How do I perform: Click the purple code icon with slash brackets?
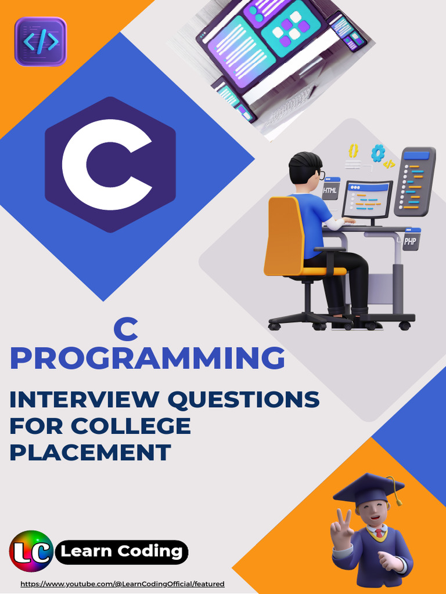coord(41,41)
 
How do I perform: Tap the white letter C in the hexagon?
coord(107,165)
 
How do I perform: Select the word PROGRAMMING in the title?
coord(148,358)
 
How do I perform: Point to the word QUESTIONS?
coord(244,400)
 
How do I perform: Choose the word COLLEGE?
coord(131,426)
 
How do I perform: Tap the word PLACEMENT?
coord(90,452)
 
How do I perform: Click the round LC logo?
coord(31,551)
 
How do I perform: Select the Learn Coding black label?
coord(122,552)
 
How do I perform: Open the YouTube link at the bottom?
coord(123,584)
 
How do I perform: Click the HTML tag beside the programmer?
coord(330,190)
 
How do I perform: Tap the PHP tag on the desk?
coord(411,241)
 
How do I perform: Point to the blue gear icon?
coord(378,153)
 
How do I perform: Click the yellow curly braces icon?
coord(353,151)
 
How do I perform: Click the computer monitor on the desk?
coord(367,200)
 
